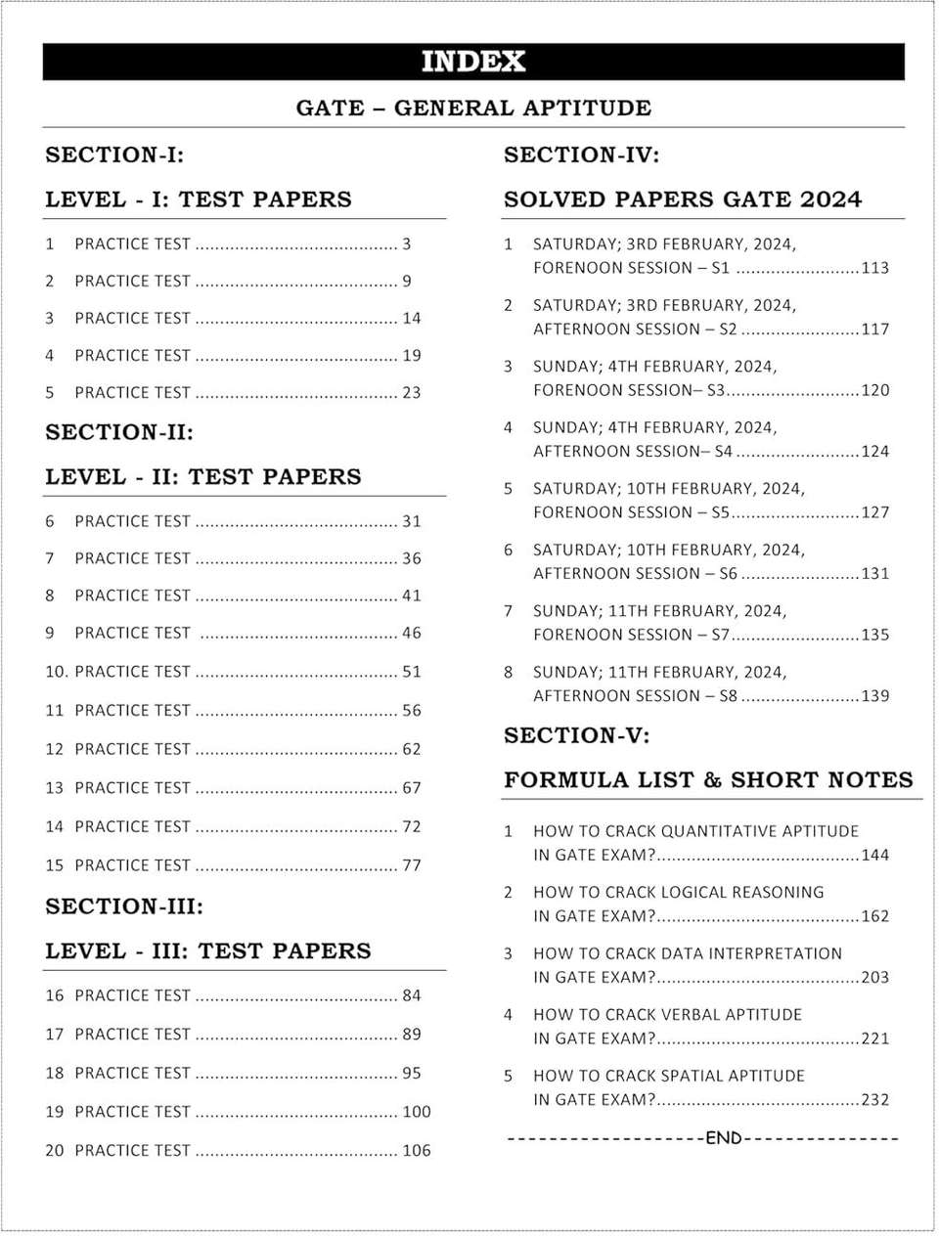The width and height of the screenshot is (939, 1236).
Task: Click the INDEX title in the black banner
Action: pos(473,62)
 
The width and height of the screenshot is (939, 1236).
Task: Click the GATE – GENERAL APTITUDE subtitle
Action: pos(473,108)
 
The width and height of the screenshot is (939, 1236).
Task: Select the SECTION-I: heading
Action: pos(114,154)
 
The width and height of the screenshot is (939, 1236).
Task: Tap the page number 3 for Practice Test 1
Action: pos(407,243)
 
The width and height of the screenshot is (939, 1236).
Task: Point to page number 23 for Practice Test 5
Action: pos(412,392)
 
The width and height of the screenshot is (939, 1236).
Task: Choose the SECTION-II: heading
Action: pos(119,432)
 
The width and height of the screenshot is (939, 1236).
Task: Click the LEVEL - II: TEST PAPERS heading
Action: pos(203,476)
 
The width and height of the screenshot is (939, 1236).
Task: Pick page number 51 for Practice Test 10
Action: pos(412,672)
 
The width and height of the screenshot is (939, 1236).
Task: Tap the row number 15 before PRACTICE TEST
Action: pos(54,865)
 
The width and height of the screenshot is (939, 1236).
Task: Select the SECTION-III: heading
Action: pos(124,906)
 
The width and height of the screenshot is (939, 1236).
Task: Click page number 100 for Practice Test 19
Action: pos(417,1112)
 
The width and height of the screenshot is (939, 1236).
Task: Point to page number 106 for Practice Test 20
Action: pos(417,1151)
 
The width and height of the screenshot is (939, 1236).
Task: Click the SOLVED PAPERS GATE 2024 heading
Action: pos(683,199)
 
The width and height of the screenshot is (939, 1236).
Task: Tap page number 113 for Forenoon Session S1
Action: pos(875,268)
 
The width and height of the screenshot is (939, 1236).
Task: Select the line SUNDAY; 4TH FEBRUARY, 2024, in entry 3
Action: pos(655,367)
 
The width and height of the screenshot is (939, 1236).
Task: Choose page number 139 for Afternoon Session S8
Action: pos(875,696)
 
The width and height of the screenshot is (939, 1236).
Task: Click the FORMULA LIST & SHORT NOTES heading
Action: pos(708,780)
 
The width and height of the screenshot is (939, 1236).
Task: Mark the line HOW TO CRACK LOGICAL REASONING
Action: pos(679,892)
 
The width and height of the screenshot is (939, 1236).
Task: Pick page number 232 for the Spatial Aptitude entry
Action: pos(875,1100)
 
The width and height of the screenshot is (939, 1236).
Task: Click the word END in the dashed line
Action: pos(724,1138)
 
